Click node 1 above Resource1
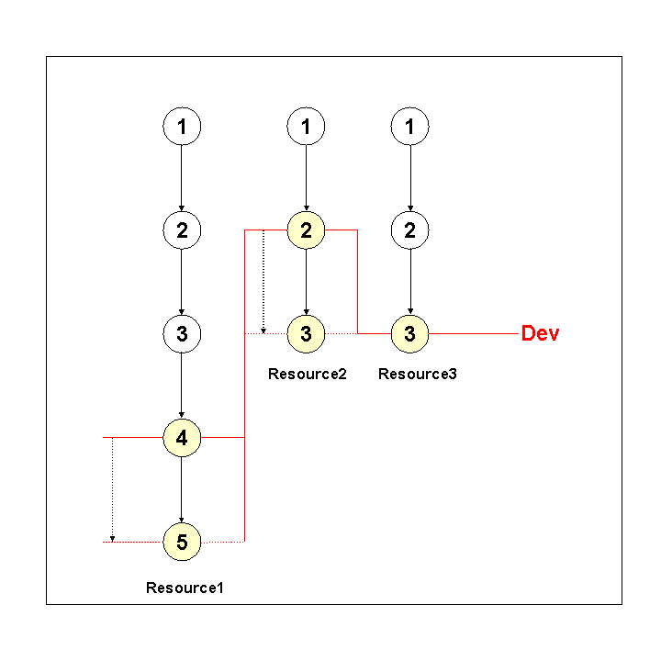[182, 126]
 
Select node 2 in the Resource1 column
[182, 230]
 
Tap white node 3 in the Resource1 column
[182, 334]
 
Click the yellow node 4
[182, 438]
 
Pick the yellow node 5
[182, 542]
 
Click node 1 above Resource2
[306, 126]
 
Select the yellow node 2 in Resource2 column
[306, 230]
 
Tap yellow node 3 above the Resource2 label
[306, 334]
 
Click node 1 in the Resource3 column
[410, 126]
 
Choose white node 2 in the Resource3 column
[410, 230]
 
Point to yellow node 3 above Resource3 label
[410, 334]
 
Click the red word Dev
[540, 333]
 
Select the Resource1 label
[185, 588]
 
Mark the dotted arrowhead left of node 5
[112, 537]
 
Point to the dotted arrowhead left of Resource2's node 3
[263, 330]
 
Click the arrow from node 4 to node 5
[182, 490]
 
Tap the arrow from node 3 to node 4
[182, 386]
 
